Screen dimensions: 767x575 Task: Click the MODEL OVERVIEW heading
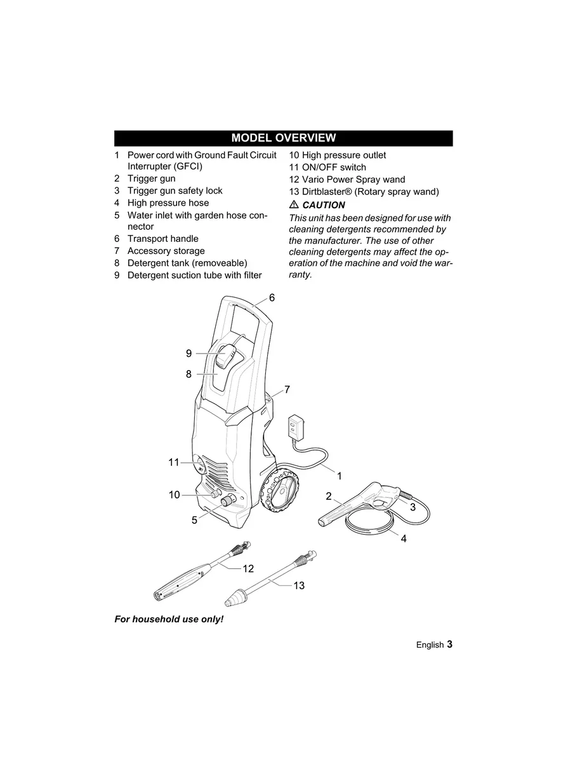click(x=283, y=138)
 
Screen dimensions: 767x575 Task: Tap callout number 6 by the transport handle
click(x=272, y=297)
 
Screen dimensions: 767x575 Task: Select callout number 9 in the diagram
click(x=188, y=354)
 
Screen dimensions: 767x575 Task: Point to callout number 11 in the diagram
click(x=174, y=462)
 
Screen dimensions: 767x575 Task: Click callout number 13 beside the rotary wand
click(x=299, y=585)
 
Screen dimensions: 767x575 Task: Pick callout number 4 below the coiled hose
click(x=404, y=539)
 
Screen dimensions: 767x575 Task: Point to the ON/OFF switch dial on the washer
click(x=200, y=466)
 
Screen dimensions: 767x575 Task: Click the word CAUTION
click(x=324, y=205)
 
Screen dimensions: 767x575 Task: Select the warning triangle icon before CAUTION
click(x=294, y=205)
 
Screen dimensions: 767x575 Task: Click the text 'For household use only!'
click(x=169, y=619)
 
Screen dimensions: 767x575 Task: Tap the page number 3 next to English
click(x=449, y=644)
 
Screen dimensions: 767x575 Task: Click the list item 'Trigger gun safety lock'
click(x=175, y=190)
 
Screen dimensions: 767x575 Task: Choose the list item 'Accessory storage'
click(x=166, y=251)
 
